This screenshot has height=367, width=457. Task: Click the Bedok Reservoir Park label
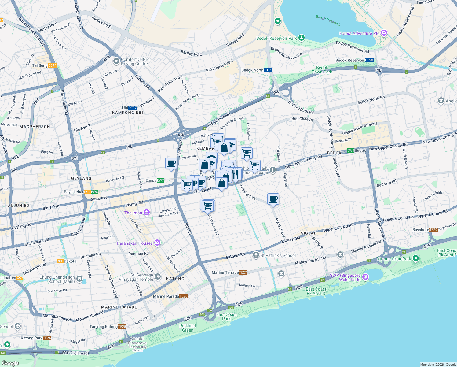(276, 38)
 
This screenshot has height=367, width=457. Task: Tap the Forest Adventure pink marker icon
(384, 33)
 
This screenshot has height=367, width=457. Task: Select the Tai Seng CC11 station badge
(52, 65)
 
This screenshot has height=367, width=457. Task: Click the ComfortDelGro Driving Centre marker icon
(116, 61)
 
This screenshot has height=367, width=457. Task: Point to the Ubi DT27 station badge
(133, 108)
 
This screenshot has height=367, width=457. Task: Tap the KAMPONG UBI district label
(127, 113)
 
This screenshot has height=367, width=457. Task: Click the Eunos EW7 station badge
(160, 180)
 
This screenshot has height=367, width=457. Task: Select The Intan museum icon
(147, 213)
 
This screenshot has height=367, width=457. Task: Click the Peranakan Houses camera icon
(157, 243)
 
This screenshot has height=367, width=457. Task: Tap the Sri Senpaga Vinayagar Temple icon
(158, 276)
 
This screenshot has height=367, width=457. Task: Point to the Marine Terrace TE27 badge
(243, 272)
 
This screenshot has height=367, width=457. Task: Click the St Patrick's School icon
(256, 255)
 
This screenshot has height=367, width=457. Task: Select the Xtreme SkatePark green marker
(415, 258)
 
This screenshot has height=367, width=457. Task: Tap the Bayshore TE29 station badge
(433, 230)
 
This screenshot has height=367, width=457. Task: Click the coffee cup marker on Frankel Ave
(273, 199)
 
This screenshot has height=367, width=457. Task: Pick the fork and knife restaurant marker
(235, 175)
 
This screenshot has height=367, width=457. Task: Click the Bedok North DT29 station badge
(268, 70)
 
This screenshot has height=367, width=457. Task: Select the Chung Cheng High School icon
(79, 279)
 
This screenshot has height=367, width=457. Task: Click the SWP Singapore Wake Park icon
(365, 277)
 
